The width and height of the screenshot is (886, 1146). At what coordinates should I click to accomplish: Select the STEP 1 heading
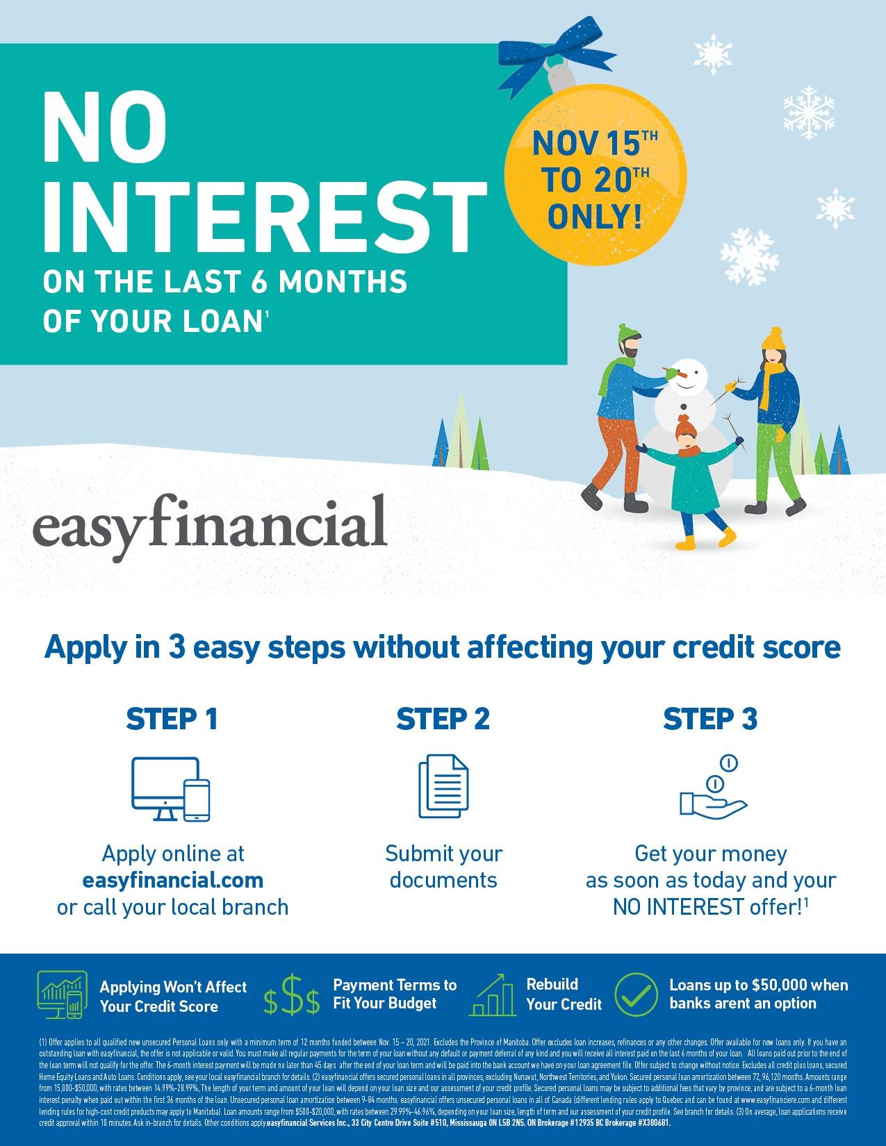tap(172, 719)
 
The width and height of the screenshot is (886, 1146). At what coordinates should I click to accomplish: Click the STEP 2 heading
tap(443, 719)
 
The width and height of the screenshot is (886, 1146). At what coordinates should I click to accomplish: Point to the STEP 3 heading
tap(710, 719)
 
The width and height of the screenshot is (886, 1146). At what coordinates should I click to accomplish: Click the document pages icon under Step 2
tap(443, 789)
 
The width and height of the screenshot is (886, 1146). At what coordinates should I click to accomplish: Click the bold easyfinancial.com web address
tap(172, 881)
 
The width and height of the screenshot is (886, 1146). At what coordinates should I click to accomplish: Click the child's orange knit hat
tap(685, 424)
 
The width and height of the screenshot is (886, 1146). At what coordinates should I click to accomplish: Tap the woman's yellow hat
tap(772, 338)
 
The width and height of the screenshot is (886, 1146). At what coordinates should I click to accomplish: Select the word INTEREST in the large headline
tap(264, 215)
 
